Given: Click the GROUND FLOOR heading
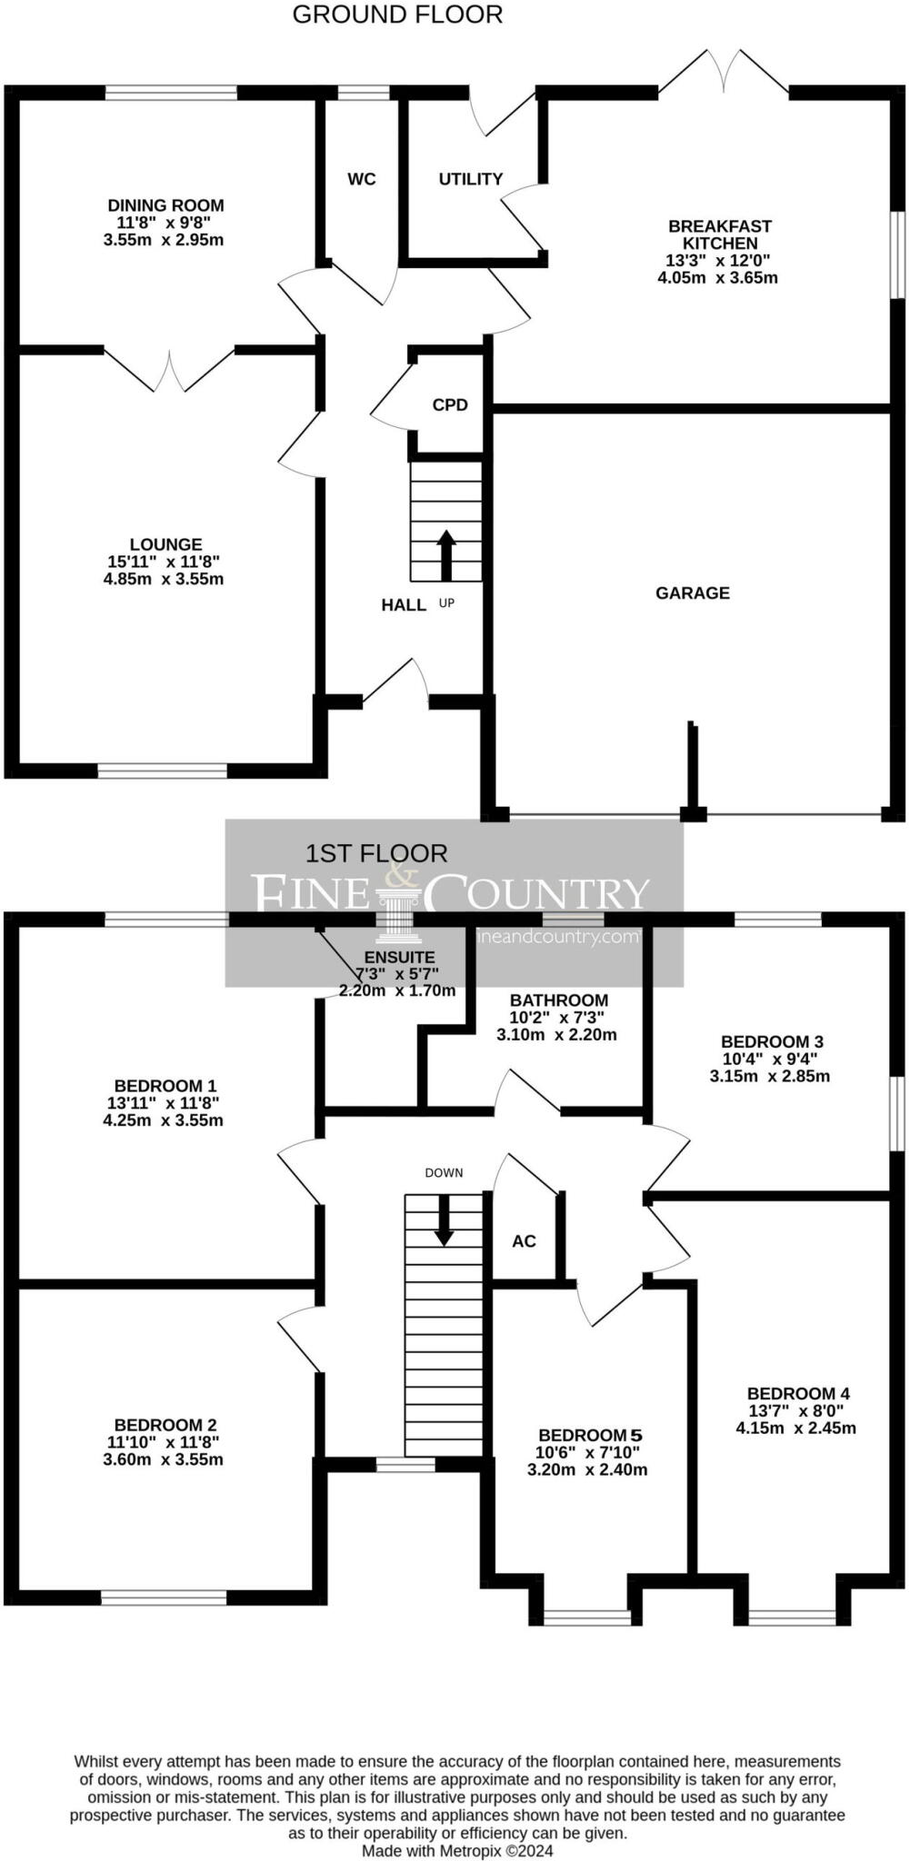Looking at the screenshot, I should point(397,15).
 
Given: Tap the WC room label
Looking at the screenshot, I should point(362,179).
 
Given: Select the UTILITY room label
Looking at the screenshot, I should point(470,179).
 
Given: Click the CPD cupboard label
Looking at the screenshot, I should point(450,405).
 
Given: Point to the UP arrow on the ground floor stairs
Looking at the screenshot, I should point(446,554).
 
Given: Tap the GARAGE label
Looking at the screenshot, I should point(693,593).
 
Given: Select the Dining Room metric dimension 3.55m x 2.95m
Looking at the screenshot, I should point(164,240).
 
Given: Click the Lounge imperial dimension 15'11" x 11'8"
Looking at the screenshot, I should point(164,562).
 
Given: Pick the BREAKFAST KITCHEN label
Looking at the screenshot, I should point(719,234).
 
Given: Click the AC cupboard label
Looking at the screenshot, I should point(524,1241).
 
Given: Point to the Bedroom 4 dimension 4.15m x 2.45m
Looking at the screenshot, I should point(795,1428).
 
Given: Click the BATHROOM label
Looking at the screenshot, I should point(558,1000).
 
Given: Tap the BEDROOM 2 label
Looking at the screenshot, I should point(165,1425).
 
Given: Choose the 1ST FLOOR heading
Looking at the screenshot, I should point(376,853).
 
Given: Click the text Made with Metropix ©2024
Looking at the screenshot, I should point(457,1850).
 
